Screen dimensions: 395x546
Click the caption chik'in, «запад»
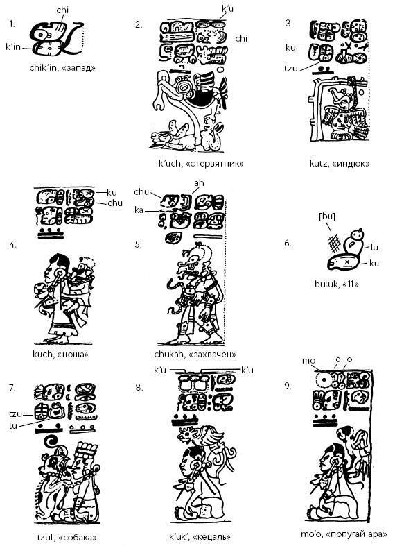point(62,67)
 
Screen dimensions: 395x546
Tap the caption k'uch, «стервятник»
point(201,163)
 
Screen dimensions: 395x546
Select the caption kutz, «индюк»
point(340,163)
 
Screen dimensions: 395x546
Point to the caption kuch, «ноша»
point(60,354)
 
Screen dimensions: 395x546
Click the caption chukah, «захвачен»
point(195,354)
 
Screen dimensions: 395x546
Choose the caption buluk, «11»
point(337,284)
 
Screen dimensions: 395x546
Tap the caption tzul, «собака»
point(67,537)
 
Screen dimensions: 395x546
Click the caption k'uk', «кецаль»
point(200,536)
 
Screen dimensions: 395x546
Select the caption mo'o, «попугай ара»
point(344,534)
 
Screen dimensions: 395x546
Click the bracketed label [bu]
point(327,216)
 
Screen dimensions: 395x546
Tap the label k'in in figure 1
point(13,46)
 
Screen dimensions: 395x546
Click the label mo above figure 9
point(308,361)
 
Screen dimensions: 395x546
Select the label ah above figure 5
point(199,183)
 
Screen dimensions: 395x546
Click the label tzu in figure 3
point(291,68)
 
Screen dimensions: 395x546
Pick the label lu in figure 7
point(13,425)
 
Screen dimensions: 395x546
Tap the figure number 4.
point(12,244)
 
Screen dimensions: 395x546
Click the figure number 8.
point(139,387)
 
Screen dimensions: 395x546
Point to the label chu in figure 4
point(115,203)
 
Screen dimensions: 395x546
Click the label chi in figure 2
point(241,38)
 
